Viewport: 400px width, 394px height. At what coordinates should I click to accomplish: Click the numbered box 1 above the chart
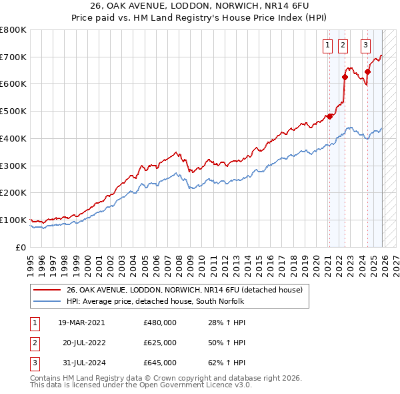click(328, 45)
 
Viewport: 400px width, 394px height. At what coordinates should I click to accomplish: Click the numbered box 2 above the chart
click(343, 45)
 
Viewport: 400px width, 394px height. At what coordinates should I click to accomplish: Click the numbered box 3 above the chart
click(366, 45)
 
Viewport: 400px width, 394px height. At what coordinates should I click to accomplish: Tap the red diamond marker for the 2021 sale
click(330, 116)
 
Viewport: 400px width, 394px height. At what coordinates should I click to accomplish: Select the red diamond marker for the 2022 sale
click(345, 77)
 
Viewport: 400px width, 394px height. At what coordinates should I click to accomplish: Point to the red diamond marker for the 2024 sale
click(368, 71)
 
